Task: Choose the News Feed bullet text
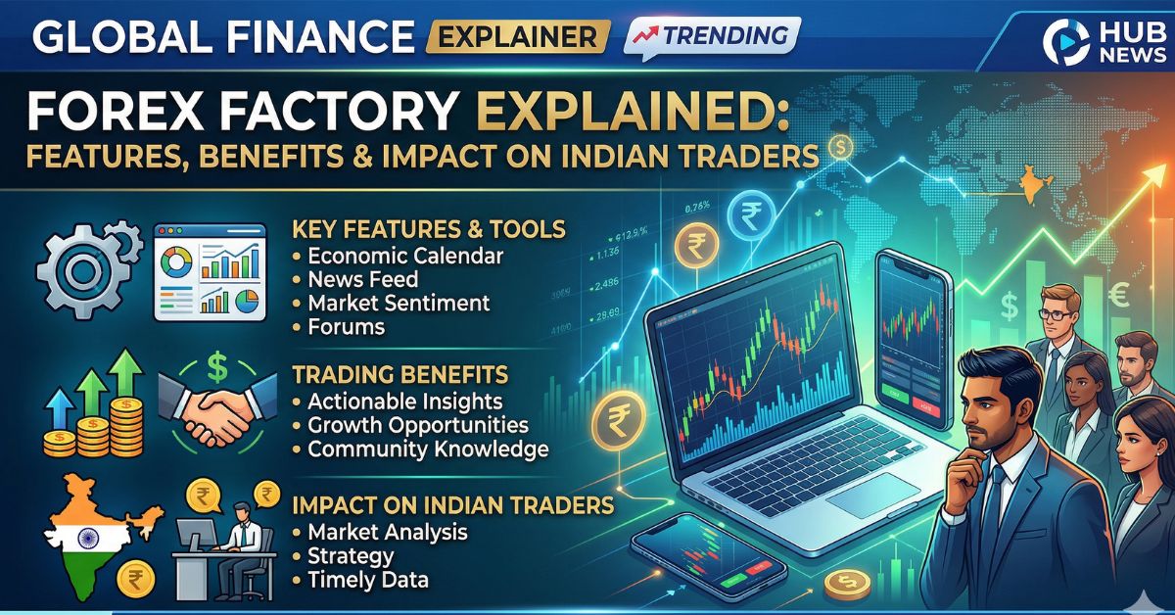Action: pyautogui.click(x=362, y=280)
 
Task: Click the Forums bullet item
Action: pyautogui.click(x=346, y=327)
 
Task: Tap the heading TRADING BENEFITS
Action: pyautogui.click(x=399, y=375)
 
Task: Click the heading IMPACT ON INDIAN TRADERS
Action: pyautogui.click(x=453, y=506)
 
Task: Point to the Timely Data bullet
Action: pyautogui.click(x=368, y=580)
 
